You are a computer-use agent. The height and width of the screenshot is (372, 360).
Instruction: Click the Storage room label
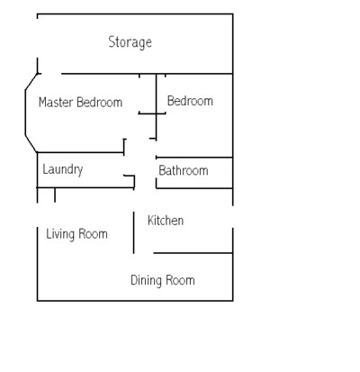(130, 42)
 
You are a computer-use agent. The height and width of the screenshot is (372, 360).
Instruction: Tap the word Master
(56, 103)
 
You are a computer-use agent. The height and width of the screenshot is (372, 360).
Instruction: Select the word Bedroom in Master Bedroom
(99, 103)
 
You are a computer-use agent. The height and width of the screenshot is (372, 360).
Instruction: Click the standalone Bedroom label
(190, 101)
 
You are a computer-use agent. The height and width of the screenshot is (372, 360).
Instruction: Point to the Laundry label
(63, 170)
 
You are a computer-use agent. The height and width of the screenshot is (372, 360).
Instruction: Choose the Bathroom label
(184, 170)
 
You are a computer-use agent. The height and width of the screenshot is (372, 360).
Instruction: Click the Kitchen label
(166, 221)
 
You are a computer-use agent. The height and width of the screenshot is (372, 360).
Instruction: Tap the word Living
(60, 234)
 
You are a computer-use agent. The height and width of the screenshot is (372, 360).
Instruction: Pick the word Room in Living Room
(93, 234)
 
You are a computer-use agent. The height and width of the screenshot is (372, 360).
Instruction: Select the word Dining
(147, 281)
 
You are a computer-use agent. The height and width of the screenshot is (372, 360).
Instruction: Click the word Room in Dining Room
(180, 280)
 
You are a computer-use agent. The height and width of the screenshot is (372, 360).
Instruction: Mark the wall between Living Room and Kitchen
(134, 232)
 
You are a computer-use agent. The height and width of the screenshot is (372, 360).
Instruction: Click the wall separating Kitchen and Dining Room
(193, 253)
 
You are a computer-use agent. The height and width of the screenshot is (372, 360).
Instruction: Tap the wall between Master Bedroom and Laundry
(80, 152)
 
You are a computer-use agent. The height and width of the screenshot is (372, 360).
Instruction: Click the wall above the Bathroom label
(194, 158)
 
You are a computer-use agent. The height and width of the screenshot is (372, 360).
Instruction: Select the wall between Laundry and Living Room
(85, 187)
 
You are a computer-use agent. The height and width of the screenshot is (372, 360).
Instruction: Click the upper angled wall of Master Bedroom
(31, 81)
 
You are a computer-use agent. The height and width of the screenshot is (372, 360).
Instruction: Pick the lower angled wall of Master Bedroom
(31, 144)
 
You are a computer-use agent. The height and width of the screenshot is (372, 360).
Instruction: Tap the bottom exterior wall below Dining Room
(135, 300)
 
